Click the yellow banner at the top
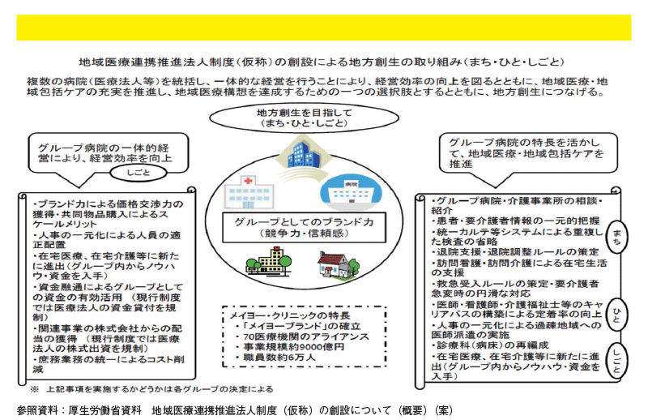point(323,28)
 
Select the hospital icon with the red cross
point(249,191)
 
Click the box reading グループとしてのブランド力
point(305,227)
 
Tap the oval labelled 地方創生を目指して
point(305,118)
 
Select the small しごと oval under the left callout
point(139,173)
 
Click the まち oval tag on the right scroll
point(616,238)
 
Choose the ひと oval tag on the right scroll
point(616,316)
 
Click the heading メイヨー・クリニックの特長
point(290,315)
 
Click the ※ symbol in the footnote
point(34,389)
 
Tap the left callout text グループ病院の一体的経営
point(104,148)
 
